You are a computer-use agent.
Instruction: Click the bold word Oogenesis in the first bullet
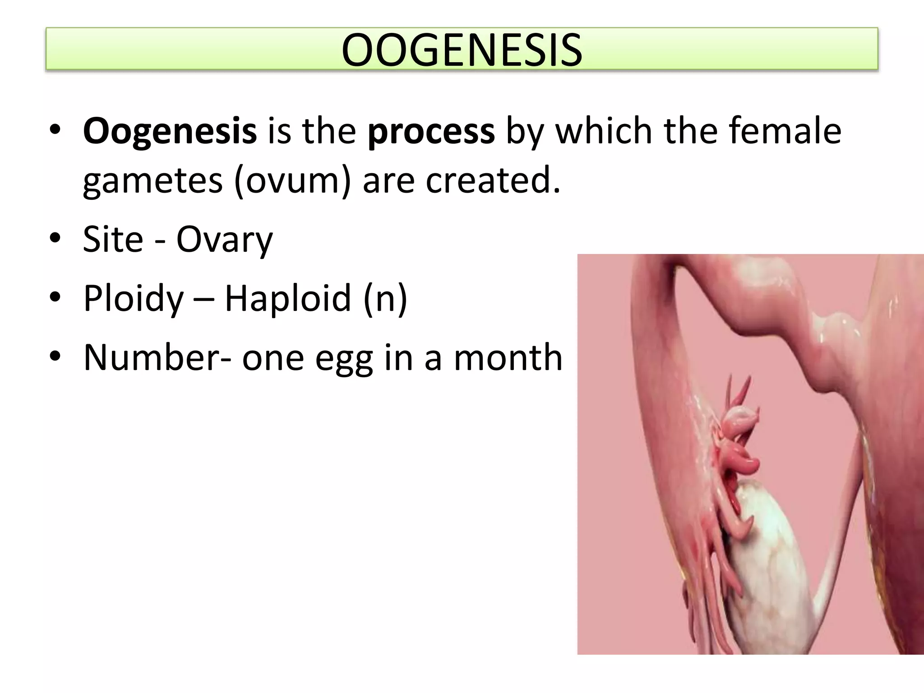coord(170,131)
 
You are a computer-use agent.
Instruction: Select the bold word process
coord(431,131)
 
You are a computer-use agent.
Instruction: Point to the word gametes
coord(153,180)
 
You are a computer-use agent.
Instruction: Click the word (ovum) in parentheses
coord(292,180)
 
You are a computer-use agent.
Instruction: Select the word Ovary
coord(224,240)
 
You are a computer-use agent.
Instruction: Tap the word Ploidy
coord(134,299)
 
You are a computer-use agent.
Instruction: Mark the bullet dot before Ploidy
coord(55,298)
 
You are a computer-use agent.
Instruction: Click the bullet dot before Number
coord(55,357)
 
